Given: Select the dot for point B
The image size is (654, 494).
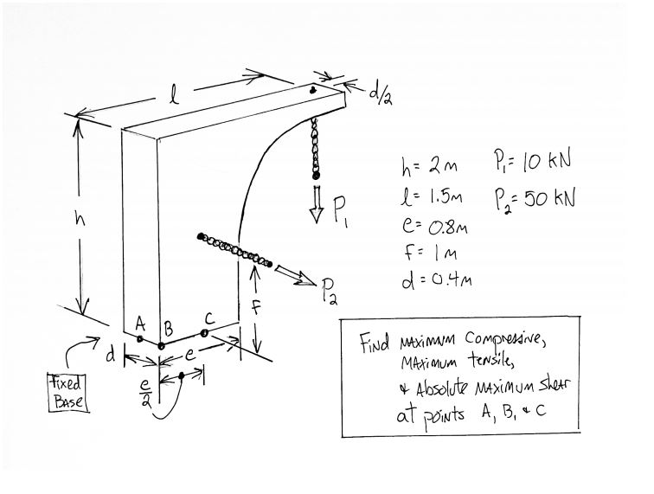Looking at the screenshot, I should click(x=162, y=346).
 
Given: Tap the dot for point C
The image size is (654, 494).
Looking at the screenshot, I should click(x=204, y=332).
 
